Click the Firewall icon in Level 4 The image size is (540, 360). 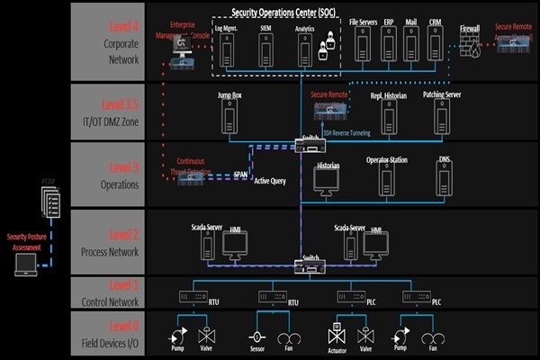468,47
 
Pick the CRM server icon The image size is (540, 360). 435,45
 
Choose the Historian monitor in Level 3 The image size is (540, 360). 327,180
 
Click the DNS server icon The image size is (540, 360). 444,180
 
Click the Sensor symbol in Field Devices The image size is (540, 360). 256,340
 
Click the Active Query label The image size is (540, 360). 269,181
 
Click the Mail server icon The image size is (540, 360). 411,45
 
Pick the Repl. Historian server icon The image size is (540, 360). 389,116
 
